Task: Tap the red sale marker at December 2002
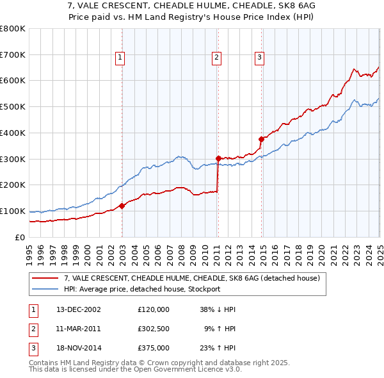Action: pyautogui.click(x=122, y=206)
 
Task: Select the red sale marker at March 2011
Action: pyautogui.click(x=218, y=158)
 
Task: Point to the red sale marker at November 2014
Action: pyautogui.click(x=261, y=139)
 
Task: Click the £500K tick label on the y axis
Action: pyautogui.click(x=13, y=107)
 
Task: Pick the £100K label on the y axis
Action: pyautogui.click(x=13, y=211)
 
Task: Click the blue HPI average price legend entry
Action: pyautogui.click(x=141, y=289)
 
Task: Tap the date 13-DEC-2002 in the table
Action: pyautogui.click(x=79, y=309)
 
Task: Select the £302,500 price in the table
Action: pyautogui.click(x=154, y=329)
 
